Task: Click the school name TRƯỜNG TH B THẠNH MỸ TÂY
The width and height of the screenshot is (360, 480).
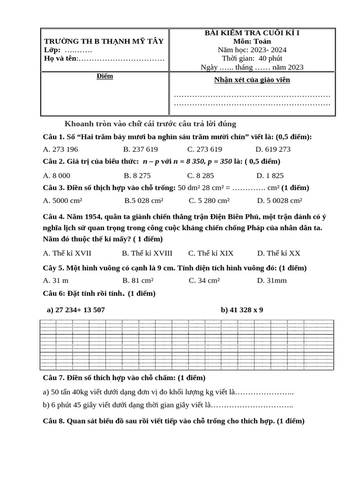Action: coord(104,41)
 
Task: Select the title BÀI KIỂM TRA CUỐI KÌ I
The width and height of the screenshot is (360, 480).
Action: coord(252,32)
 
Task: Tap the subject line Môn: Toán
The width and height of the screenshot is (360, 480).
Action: coord(252,41)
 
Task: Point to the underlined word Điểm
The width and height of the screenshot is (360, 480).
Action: coord(105,76)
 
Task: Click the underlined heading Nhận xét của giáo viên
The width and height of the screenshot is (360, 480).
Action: coord(252,80)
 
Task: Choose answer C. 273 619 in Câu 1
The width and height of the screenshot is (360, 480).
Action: coord(204,150)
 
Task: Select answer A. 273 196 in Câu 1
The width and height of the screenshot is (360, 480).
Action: coord(60,150)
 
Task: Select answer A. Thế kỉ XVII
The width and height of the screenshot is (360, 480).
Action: coord(67,253)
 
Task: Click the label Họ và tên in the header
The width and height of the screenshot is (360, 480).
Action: coord(60,59)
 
